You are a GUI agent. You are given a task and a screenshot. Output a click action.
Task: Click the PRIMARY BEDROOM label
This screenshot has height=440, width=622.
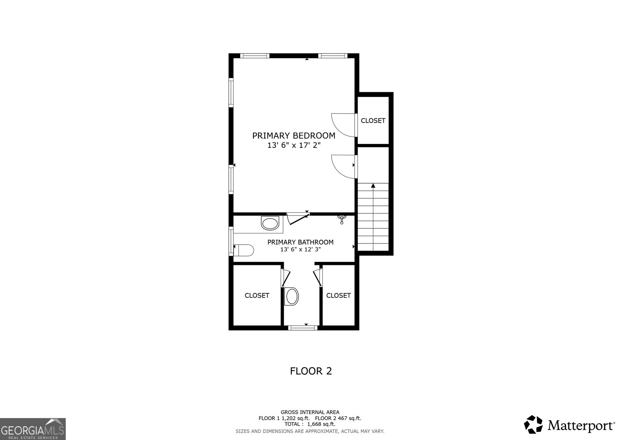(294, 136)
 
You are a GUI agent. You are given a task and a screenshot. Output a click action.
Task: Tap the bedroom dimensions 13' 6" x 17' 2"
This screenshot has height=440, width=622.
(294, 145)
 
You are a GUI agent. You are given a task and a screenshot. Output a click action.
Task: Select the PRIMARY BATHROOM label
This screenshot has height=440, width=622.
(300, 242)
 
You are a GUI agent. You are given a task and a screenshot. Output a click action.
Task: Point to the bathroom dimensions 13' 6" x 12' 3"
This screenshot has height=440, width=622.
(300, 250)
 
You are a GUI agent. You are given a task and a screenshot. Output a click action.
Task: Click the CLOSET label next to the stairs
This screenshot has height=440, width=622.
(373, 121)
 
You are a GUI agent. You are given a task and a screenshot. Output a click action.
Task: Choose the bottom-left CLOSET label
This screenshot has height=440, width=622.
(257, 296)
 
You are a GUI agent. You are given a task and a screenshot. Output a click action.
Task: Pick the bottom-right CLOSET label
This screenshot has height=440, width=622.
(338, 296)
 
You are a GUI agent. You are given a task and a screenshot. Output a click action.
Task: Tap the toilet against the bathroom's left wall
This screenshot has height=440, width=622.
(243, 250)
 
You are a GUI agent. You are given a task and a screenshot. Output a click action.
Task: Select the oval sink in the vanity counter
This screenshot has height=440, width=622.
(270, 224)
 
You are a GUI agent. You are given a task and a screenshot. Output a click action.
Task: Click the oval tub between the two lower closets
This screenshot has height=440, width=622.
(292, 297)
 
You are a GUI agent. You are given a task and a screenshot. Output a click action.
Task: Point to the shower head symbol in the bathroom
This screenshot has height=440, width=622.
(342, 219)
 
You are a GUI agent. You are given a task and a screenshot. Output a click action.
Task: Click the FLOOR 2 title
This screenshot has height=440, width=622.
(311, 371)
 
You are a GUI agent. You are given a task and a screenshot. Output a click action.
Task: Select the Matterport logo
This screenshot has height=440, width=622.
(570, 424)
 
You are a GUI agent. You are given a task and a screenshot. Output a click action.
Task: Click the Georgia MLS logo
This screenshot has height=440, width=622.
(33, 429)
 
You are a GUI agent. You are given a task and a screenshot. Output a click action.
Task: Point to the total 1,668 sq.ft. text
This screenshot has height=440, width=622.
(310, 424)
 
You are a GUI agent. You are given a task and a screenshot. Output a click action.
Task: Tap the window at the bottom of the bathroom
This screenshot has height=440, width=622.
(303, 328)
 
